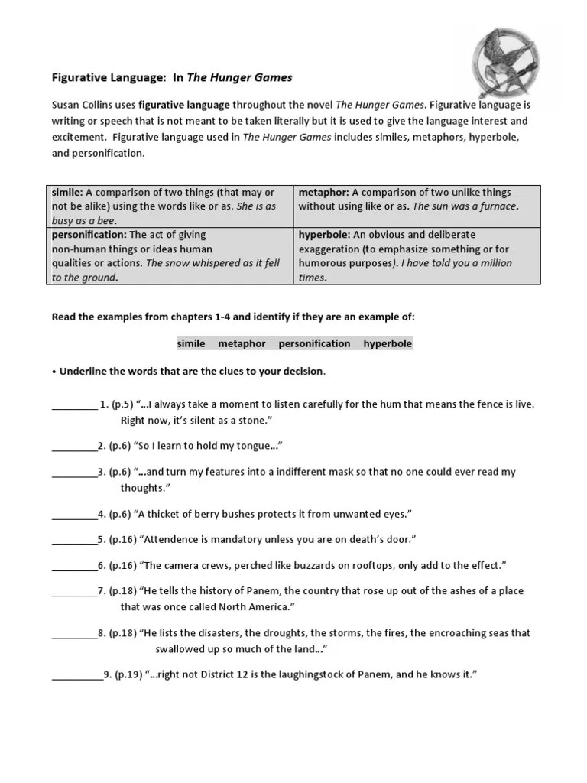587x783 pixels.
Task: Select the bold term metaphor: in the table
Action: point(323,193)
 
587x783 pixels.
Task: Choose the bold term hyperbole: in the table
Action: point(323,235)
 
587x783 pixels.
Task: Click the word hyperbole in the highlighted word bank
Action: point(388,344)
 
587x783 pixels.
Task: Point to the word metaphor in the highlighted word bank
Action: point(242,344)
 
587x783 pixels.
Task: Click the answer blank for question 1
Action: point(74,404)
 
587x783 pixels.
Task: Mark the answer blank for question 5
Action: point(74,540)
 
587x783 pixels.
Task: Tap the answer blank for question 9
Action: point(76,675)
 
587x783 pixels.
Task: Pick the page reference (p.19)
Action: point(128,675)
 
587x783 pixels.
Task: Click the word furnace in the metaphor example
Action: point(497,206)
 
